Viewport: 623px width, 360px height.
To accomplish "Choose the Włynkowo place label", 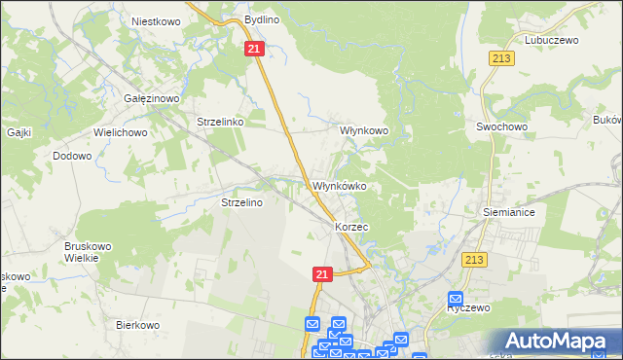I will [364, 129].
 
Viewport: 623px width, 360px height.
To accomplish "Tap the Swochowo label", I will [501, 126].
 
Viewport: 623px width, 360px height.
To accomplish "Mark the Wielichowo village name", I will [120, 131].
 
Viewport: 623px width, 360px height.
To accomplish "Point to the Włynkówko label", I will [339, 186].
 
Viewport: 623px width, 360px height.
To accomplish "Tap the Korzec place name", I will [351, 227].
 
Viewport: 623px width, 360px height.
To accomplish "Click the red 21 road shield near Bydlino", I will [254, 49].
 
